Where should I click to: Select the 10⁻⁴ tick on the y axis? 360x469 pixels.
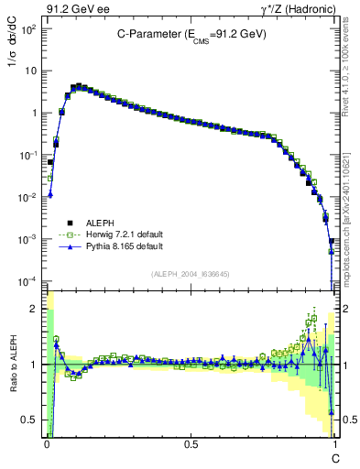[28, 281]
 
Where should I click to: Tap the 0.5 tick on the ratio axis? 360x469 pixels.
[31, 420]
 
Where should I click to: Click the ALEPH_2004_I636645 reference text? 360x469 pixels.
[190, 273]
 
